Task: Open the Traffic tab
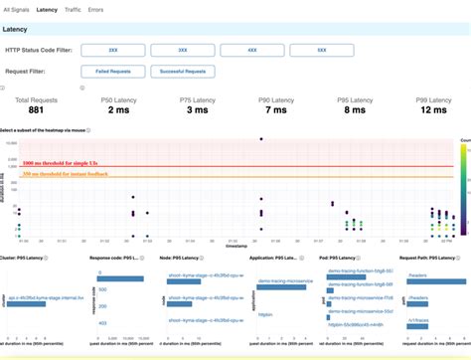pyautogui.click(x=74, y=8)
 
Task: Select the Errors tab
pyautogui.click(x=97, y=8)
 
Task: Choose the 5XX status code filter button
pyautogui.click(x=320, y=48)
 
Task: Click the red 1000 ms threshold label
pyautogui.click(x=60, y=162)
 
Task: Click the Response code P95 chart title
pyautogui.click(x=118, y=259)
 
